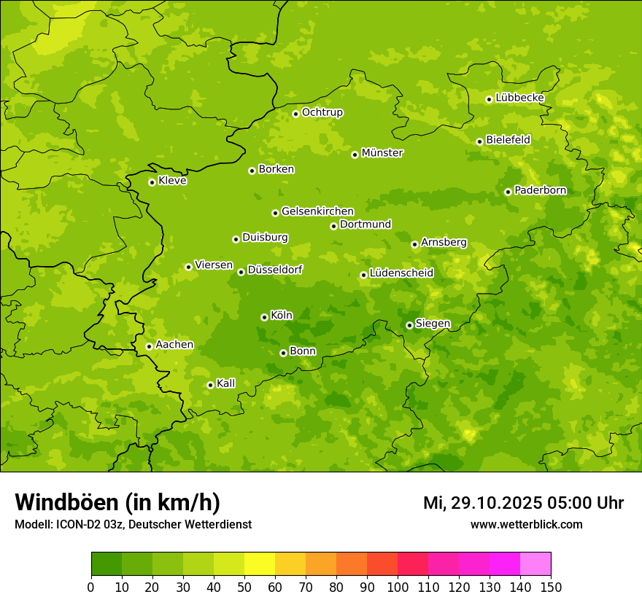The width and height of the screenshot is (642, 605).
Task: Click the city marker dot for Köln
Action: [x=264, y=317]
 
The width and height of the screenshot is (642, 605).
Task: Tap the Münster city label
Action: [x=382, y=153]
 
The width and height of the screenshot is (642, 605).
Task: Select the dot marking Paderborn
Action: [x=508, y=192]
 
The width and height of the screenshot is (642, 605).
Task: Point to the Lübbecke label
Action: [x=519, y=98]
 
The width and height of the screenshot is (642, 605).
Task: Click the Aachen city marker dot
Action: [x=149, y=346]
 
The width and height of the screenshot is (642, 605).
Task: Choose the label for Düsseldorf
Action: [x=275, y=270]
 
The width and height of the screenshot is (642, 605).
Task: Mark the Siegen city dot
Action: [x=409, y=325]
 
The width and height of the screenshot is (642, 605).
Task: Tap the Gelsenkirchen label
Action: [x=317, y=211]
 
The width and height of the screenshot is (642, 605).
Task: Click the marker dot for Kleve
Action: [x=152, y=182]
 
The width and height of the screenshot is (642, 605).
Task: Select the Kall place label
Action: [x=226, y=383]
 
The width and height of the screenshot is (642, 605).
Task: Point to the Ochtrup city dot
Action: [x=295, y=114]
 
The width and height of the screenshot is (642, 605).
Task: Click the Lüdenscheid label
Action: [x=401, y=273]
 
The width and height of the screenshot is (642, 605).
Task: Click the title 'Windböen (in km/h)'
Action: [x=117, y=502]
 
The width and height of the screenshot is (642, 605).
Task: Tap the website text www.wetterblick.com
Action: [x=526, y=524]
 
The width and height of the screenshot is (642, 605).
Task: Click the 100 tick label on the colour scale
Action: [x=398, y=587]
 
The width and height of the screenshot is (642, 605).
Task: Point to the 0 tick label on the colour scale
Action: [x=91, y=587]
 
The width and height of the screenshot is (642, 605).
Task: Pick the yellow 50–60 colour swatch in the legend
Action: [x=260, y=564]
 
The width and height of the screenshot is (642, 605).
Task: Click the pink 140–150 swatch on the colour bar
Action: [x=535, y=564]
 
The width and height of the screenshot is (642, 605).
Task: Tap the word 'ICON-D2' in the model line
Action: [x=76, y=525]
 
